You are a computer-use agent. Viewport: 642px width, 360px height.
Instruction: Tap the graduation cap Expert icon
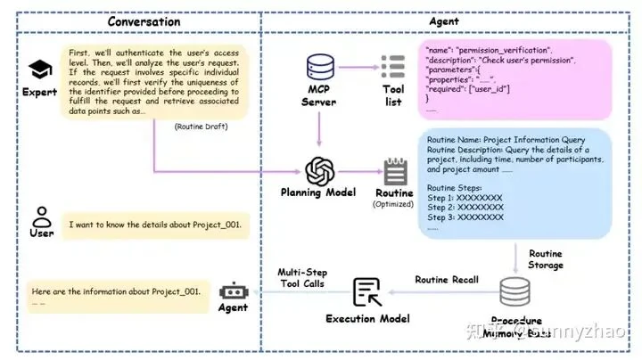(x=39, y=70)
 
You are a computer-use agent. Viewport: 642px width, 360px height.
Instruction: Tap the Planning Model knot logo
(x=319, y=169)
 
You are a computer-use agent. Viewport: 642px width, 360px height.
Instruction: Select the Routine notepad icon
(x=393, y=171)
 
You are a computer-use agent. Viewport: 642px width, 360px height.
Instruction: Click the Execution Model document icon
(x=366, y=292)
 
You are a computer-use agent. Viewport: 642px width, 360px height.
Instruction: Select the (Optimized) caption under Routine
(x=393, y=204)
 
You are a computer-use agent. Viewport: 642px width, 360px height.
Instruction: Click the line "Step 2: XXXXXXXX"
(x=465, y=206)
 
